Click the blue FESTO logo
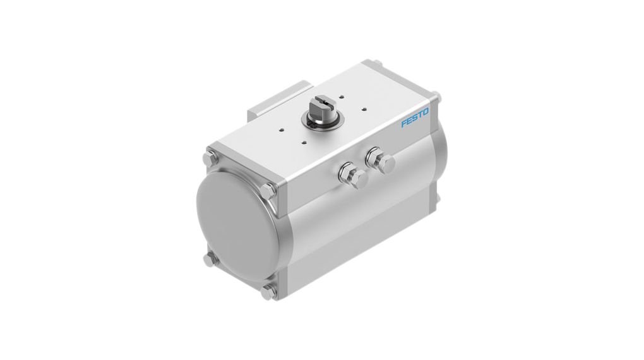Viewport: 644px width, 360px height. point(414,118)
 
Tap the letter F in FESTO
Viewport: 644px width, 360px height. point(403,123)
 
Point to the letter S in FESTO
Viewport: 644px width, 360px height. point(414,118)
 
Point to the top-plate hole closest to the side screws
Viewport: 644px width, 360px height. point(304,142)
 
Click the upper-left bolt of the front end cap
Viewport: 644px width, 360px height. point(210,157)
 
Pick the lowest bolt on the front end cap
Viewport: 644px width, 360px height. point(270,292)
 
